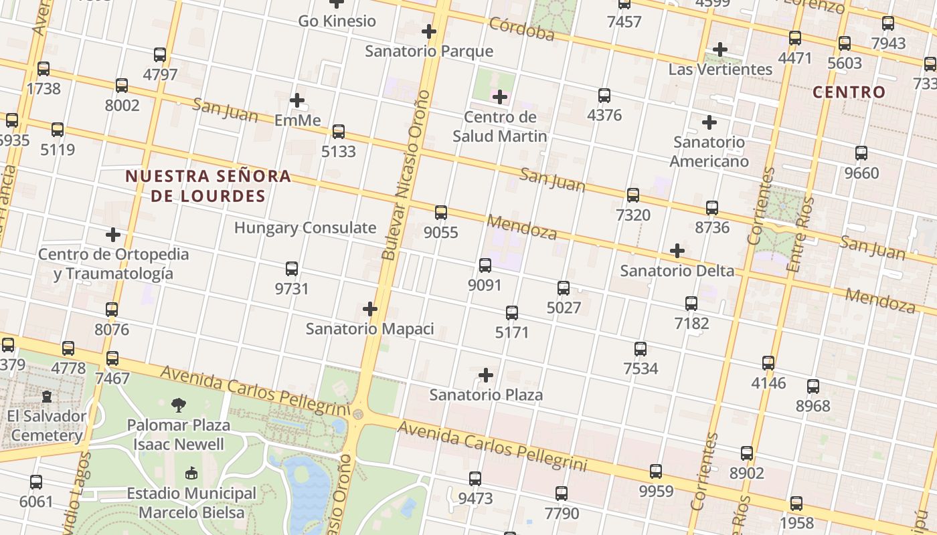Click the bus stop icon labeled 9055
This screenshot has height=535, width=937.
(440, 213)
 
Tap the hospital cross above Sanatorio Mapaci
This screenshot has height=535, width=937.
(369, 309)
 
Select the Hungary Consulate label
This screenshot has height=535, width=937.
(305, 227)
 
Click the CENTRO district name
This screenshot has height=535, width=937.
(849, 92)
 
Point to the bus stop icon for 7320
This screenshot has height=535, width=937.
(632, 195)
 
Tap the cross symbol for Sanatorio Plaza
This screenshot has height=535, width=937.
(486, 375)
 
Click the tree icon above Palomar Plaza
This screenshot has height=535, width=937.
(179, 405)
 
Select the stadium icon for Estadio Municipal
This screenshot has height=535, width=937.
(191, 473)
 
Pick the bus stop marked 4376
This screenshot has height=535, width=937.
(604, 96)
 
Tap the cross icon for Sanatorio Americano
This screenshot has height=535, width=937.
(709, 122)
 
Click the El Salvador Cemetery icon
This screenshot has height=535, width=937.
(47, 397)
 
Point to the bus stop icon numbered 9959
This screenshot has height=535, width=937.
(655, 471)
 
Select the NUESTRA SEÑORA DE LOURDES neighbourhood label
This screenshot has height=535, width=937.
(208, 186)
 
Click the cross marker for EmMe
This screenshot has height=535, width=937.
(297, 100)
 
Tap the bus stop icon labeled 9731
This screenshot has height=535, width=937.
(292, 269)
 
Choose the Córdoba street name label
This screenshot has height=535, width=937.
(521, 29)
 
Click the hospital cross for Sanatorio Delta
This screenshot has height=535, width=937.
(677, 251)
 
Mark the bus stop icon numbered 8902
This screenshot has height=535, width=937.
(747, 453)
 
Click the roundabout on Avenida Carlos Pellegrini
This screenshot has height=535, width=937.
(357, 415)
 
